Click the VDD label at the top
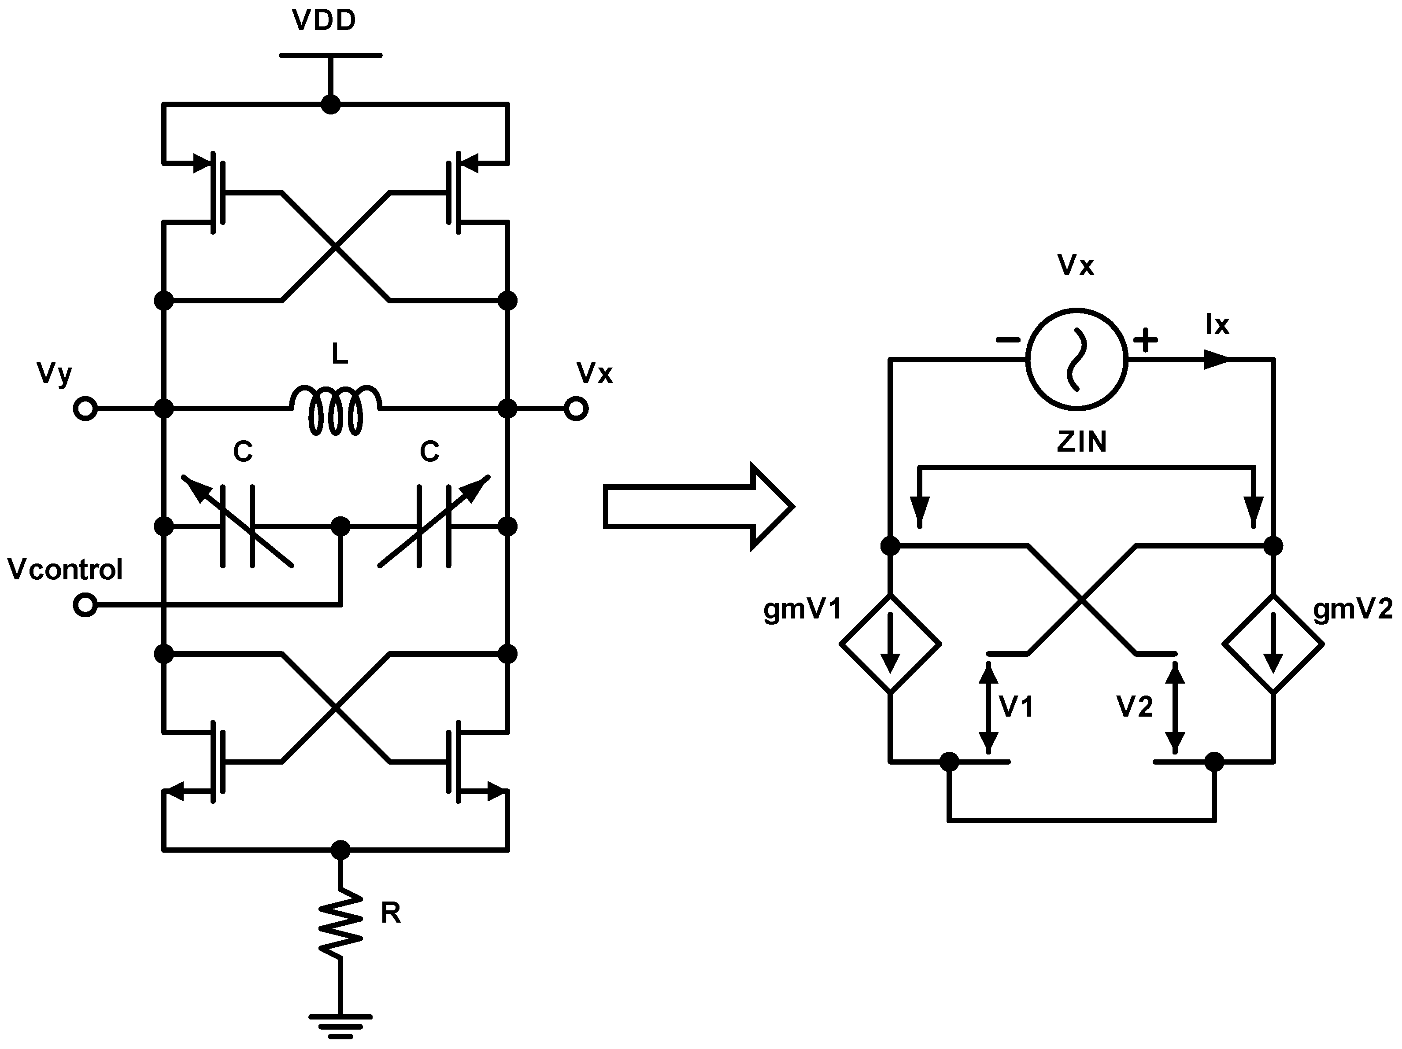tap(324, 20)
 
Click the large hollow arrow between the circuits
tap(697, 507)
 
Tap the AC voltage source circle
tap(1076, 359)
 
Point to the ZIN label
tap(1081, 442)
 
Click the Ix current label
tap(1217, 325)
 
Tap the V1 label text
tap(1016, 706)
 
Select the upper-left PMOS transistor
tap(212, 192)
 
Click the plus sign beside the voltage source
tap(1145, 341)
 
